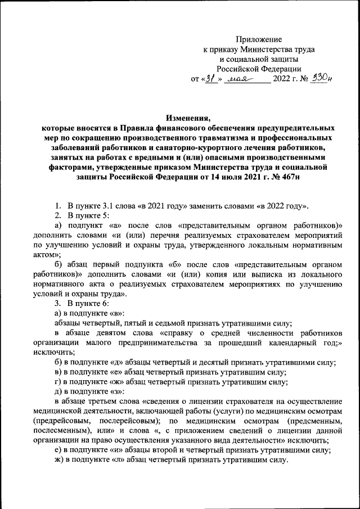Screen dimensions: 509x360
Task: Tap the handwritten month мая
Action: click(x=241, y=80)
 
